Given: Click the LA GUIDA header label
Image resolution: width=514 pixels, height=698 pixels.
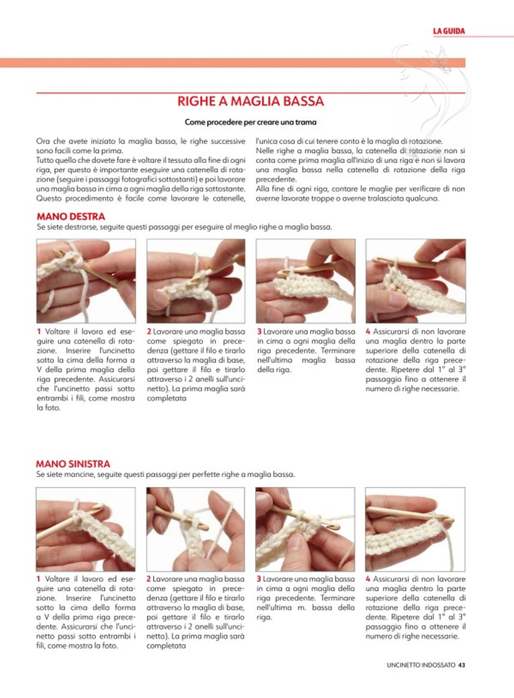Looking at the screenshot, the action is tap(449, 31).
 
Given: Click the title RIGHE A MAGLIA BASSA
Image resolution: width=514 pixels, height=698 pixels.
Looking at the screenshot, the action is tap(251, 101).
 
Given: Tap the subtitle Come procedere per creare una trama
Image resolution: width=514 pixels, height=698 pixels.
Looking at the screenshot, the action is tap(251, 122).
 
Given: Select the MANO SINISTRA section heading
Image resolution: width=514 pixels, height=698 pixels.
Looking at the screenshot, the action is tap(73, 473).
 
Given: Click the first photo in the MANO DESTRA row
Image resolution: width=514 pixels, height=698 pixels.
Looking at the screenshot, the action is tap(86, 281).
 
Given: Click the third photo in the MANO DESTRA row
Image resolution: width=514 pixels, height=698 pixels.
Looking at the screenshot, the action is tap(306, 281).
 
